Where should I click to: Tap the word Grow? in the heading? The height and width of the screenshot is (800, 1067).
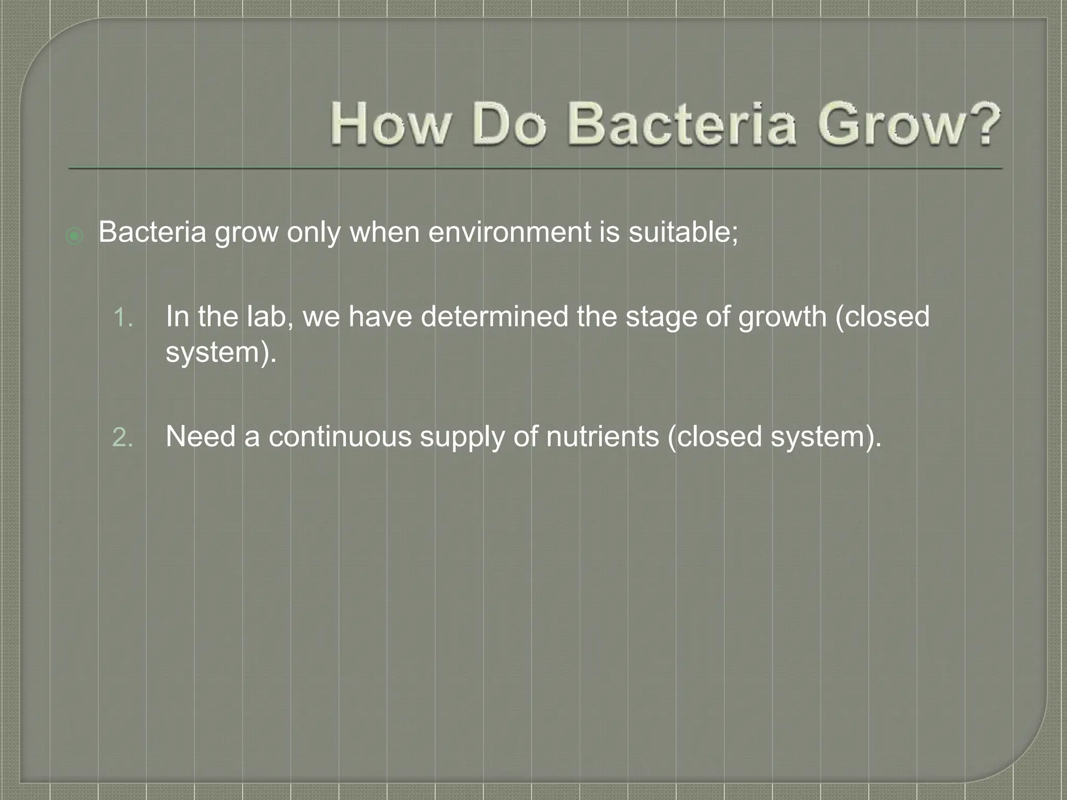point(909,125)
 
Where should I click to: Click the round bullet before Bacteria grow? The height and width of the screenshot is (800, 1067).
point(75,236)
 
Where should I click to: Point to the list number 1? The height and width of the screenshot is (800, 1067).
point(122,318)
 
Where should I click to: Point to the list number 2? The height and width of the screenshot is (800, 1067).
point(122,438)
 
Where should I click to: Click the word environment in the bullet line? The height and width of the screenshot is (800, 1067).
point(510,232)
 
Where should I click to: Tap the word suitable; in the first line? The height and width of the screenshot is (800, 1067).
point(683,232)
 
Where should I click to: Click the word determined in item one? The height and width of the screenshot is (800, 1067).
point(494,316)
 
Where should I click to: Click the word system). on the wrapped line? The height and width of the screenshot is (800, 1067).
point(221,353)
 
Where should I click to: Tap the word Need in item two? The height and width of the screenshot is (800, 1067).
point(200,436)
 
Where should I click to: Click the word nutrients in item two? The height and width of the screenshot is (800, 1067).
point(602,436)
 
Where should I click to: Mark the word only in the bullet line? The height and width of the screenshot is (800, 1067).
point(314,233)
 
